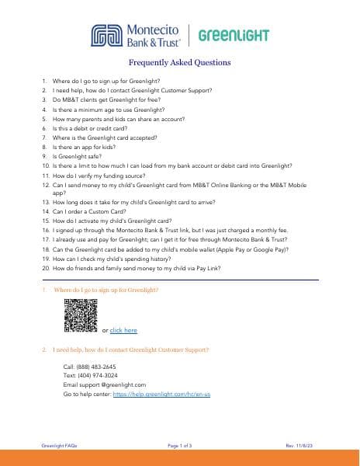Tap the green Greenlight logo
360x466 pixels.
234,36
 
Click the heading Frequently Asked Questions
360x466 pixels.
179,63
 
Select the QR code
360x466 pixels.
80,315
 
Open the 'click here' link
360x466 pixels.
123,330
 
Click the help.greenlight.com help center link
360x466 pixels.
162,394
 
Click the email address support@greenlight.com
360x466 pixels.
105,384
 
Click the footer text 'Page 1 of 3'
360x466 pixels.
179,445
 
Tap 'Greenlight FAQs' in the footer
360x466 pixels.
59,445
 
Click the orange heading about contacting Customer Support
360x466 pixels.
130,349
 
